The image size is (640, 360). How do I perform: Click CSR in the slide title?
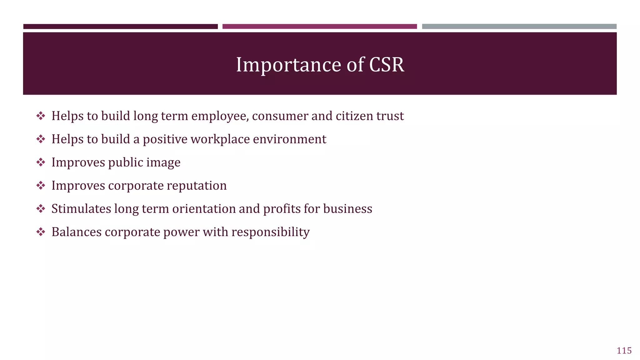(387, 65)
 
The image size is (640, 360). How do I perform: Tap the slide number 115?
(624, 351)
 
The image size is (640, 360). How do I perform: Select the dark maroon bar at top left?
(120, 27)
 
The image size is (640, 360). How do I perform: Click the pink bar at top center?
(319, 27)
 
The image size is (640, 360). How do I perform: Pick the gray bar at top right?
(519, 27)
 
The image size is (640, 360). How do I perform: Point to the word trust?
(390, 116)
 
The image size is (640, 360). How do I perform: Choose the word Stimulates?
(81, 209)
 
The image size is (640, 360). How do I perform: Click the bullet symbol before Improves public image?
(41, 162)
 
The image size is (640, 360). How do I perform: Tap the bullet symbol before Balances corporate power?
(41, 232)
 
